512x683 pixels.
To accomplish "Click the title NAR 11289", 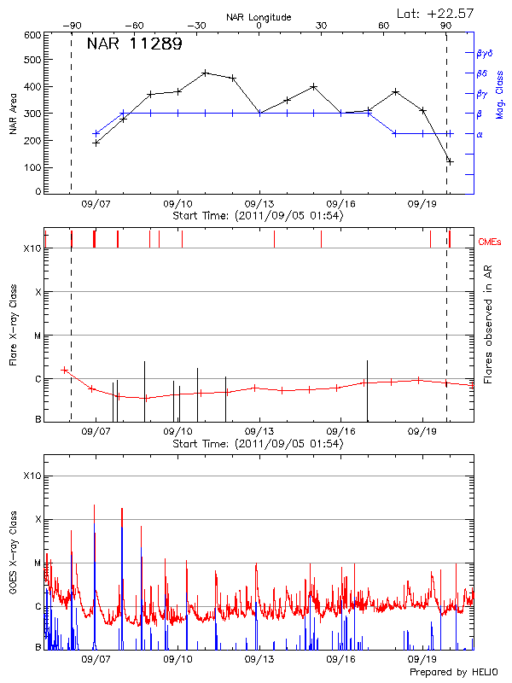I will coord(134,44).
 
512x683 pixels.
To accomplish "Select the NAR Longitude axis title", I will coord(259,16).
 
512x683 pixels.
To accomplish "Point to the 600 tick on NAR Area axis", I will coord(32,35).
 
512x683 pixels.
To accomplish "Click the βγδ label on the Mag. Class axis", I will coord(485,52).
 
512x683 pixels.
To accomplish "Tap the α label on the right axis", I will coord(480,134).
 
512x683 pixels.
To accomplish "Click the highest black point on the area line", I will coord(205,73).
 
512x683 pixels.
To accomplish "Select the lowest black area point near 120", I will coord(450,161).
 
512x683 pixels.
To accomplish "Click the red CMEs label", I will coord(491,242).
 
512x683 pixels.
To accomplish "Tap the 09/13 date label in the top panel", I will coord(259,205).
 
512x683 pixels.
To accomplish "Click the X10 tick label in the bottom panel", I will coord(32,476).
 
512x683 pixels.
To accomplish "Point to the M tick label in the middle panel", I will coord(38,336).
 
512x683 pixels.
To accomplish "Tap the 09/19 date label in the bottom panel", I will coord(423,659).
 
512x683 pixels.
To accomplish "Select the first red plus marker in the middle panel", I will coord(64,370).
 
